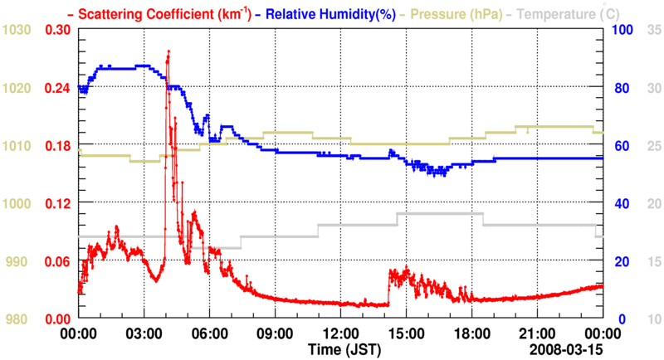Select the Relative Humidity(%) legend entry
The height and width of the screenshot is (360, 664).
pos(311,14)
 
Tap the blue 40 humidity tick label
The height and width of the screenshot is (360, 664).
pos(619,203)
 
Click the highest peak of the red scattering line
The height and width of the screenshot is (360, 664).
pos(168,51)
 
